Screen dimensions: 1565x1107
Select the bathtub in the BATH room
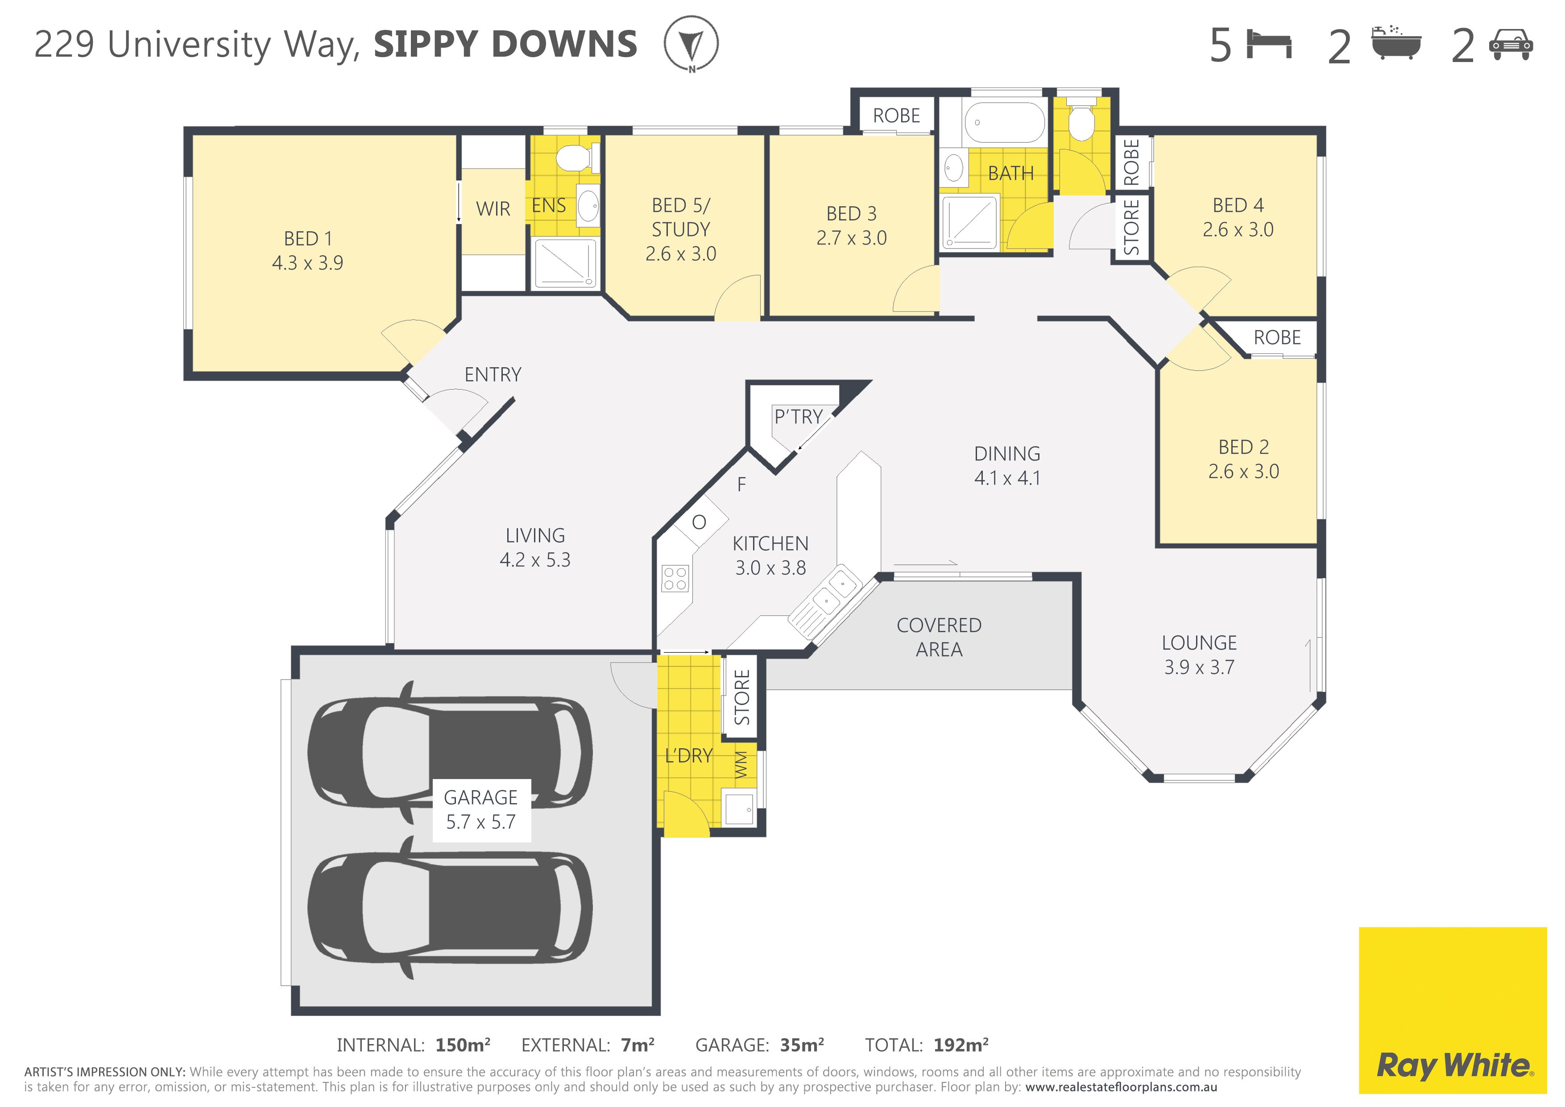(1004, 122)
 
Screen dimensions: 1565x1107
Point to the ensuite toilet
(577, 158)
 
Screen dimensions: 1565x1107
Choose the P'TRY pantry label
(798, 416)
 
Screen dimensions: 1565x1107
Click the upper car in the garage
(450, 752)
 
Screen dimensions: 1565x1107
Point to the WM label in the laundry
(741, 765)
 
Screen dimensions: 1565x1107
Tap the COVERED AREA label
(939, 637)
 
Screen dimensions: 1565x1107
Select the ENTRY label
(493, 374)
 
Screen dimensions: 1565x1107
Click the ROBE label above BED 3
(896, 116)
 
